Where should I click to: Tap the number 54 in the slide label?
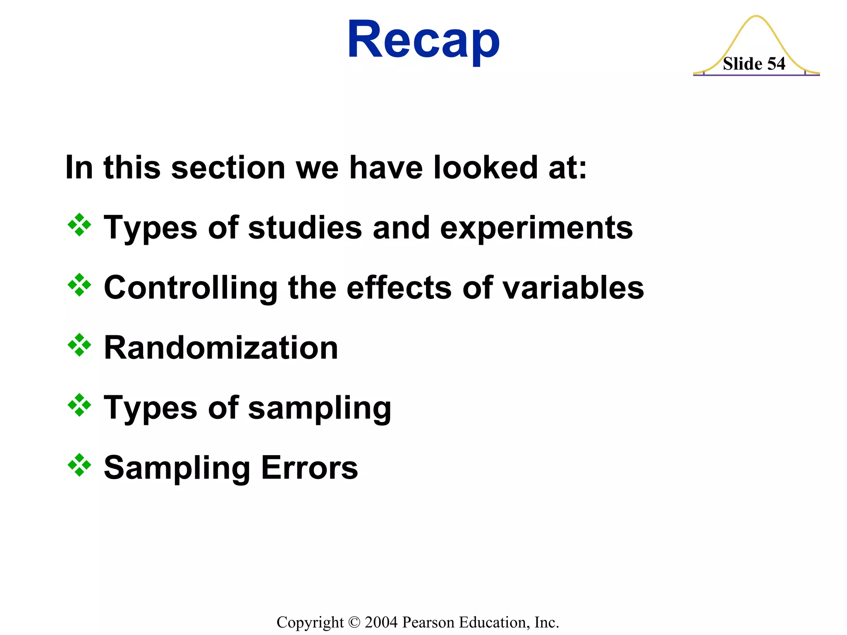click(776, 64)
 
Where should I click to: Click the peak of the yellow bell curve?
click(756, 17)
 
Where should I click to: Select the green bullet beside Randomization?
click(79, 345)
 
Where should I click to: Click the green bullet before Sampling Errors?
click(79, 465)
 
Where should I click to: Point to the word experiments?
click(536, 228)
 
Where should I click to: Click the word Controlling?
click(191, 288)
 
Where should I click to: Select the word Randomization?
click(221, 348)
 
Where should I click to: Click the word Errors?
click(309, 468)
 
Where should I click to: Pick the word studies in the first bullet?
click(305, 228)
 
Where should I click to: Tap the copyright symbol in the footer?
click(354, 622)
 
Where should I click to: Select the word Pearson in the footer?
click(428, 622)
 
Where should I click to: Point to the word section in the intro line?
click(228, 168)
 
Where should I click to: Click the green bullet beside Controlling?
click(79, 285)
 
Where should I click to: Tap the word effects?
click(399, 288)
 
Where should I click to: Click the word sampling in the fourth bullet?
click(319, 408)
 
